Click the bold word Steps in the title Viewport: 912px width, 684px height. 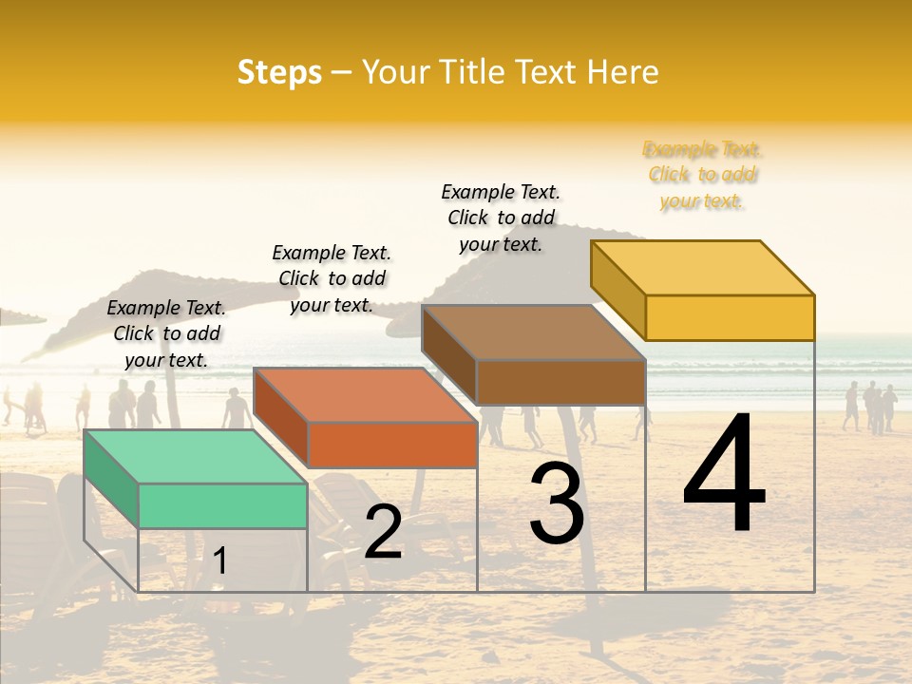(279, 72)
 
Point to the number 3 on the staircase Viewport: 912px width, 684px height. (557, 503)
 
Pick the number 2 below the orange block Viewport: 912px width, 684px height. (383, 532)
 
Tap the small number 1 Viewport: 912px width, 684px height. (220, 560)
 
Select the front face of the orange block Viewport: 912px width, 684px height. (392, 445)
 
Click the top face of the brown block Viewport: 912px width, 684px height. (532, 332)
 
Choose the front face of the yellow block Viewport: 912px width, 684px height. (730, 317)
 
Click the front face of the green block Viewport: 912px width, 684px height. (222, 505)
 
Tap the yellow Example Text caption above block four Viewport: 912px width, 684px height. (702, 175)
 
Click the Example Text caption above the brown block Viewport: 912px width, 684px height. (501, 218)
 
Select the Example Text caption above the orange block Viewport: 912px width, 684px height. (332, 278)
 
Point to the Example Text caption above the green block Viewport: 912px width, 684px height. (166, 333)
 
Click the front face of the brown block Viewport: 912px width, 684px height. (560, 382)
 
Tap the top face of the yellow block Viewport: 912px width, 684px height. (701, 267)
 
